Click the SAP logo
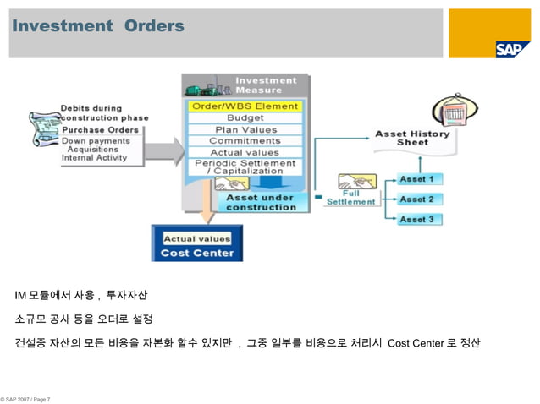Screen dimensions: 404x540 click(513, 49)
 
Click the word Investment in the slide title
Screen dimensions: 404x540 click(61, 27)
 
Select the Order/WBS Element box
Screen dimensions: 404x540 click(245, 106)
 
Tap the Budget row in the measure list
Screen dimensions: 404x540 click(245, 118)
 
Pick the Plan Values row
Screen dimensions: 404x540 click(245, 129)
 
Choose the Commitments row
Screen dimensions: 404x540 click(245, 140)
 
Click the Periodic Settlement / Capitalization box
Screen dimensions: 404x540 click(245, 167)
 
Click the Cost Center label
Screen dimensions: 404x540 click(196, 253)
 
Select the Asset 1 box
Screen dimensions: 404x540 click(416, 179)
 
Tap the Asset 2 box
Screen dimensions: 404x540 click(416, 199)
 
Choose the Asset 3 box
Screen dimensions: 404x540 click(416, 219)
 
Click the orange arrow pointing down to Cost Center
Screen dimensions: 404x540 click(205, 205)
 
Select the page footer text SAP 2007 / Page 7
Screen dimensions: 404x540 click(27, 397)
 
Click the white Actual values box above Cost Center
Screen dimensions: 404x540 click(196, 238)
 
